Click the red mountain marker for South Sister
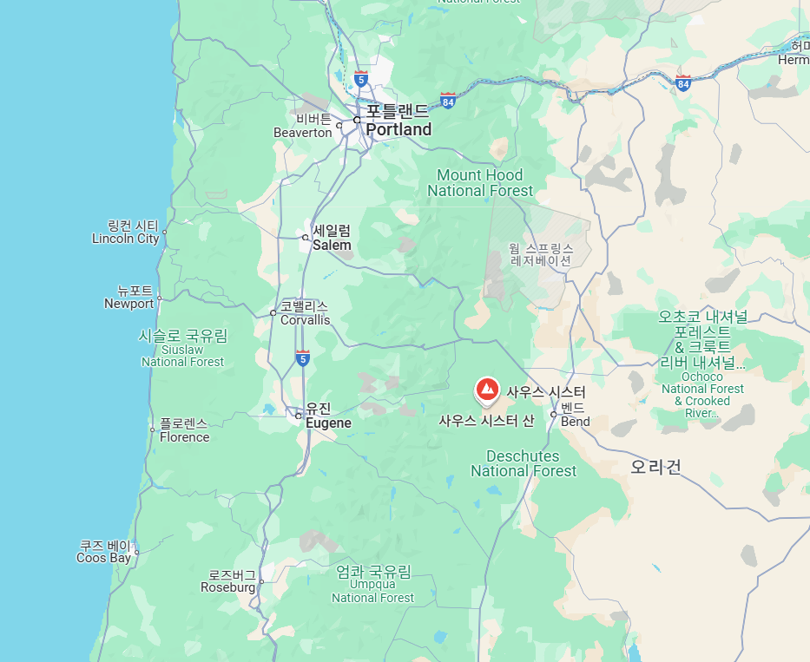487,390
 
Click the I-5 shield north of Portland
360,79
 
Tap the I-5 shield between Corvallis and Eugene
302,357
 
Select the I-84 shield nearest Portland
448,100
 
